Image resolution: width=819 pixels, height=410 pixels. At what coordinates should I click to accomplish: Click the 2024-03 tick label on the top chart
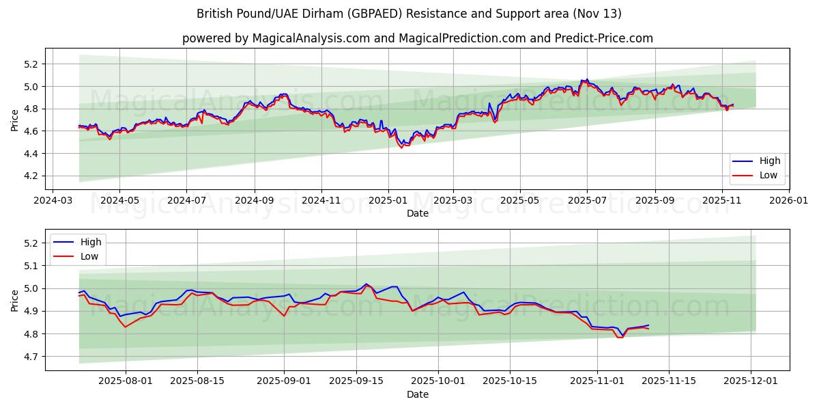pos(53,202)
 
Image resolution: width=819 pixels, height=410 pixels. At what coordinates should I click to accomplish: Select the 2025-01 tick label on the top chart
pos(388,202)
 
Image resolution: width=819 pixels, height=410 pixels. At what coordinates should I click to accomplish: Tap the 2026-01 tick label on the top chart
pos(788,202)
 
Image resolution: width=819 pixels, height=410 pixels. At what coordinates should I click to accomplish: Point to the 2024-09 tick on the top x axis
pos(255,202)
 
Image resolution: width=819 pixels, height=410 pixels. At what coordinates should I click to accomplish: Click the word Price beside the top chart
pos(15,120)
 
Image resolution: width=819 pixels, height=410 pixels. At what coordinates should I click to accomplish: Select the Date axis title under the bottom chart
pos(418,394)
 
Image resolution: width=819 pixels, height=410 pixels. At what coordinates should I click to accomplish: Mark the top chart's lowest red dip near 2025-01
pos(401,148)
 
